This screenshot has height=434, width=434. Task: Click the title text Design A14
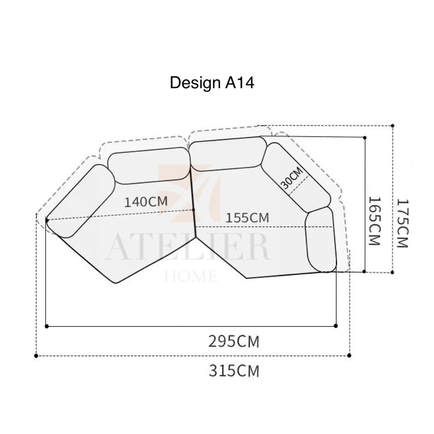[x=212, y=83]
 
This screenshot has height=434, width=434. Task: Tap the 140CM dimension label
[x=146, y=202]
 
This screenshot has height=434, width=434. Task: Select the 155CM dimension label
[x=247, y=218]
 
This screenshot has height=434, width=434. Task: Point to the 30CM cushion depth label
[x=292, y=178]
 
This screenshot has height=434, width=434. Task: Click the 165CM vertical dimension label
[x=374, y=221]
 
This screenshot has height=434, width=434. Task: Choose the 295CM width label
[x=234, y=342]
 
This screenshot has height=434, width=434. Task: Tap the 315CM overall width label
[x=234, y=371]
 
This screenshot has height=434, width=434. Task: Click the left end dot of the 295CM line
[x=47, y=326]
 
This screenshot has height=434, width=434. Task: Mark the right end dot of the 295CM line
[x=336, y=326]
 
